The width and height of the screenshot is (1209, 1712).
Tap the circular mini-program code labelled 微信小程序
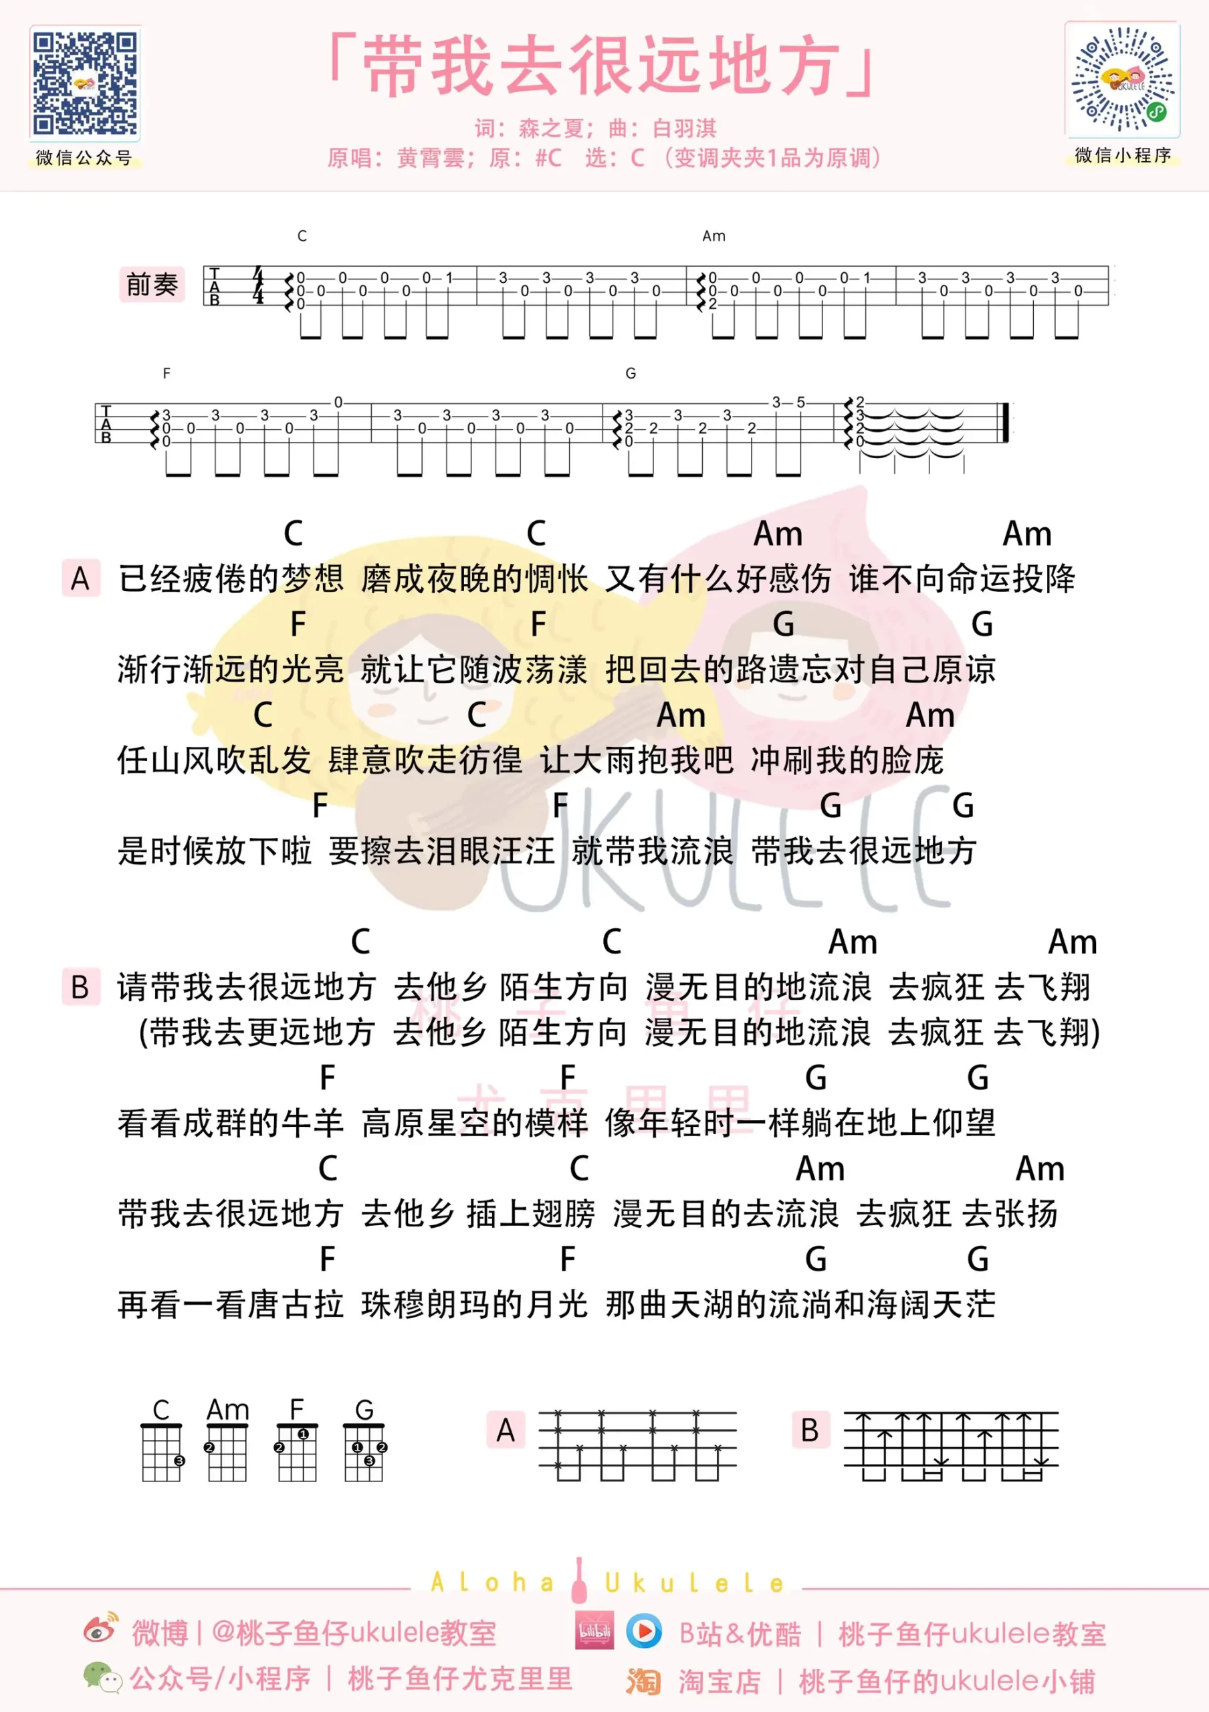point(1123,80)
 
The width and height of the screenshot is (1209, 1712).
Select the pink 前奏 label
point(152,284)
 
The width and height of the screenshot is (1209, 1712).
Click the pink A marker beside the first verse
point(80,578)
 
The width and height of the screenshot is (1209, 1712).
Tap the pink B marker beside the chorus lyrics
point(80,986)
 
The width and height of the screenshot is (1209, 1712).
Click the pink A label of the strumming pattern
point(506,1429)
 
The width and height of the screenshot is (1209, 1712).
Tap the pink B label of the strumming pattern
point(810,1429)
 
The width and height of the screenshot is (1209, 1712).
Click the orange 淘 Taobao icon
point(643,1681)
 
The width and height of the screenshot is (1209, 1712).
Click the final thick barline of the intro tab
point(1006,422)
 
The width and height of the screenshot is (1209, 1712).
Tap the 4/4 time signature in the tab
point(258,285)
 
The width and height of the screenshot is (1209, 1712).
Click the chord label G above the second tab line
point(631,372)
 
